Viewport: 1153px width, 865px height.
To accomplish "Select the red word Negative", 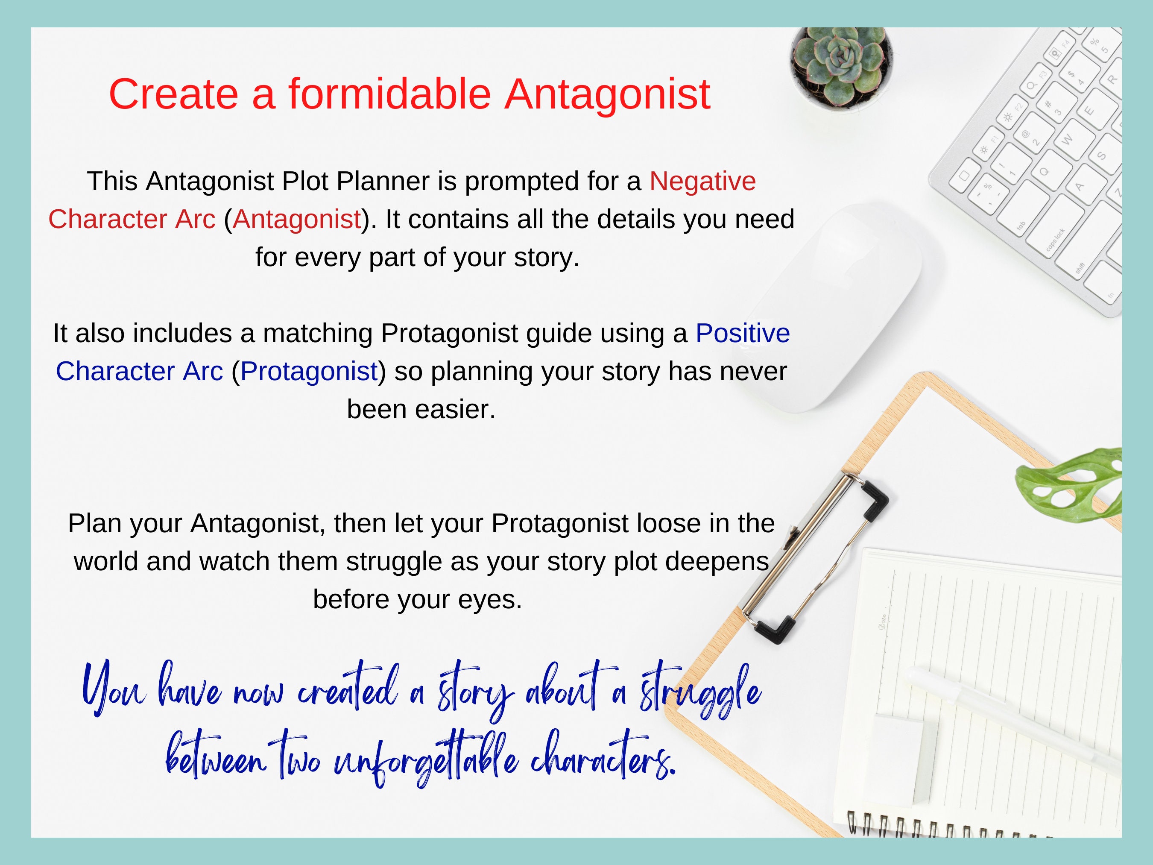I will tap(702, 182).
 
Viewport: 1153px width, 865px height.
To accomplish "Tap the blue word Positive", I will tap(742, 333).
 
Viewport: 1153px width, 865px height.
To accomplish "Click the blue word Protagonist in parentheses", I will tap(309, 371).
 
